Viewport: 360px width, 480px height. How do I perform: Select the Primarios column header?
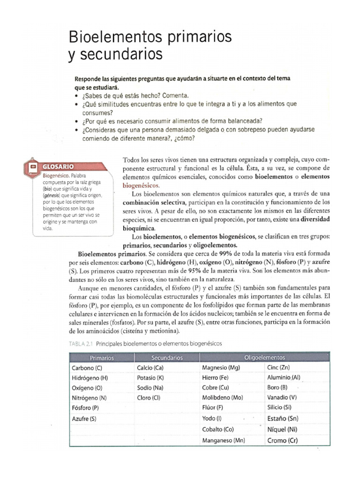point(102,358)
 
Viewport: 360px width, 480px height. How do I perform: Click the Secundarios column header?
point(167,358)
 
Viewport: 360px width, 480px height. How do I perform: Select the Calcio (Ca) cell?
point(150,368)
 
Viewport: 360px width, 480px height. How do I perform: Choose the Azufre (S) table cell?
point(84,419)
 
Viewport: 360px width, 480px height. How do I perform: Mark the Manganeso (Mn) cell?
point(224,441)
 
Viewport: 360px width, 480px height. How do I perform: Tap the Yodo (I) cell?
point(212,419)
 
